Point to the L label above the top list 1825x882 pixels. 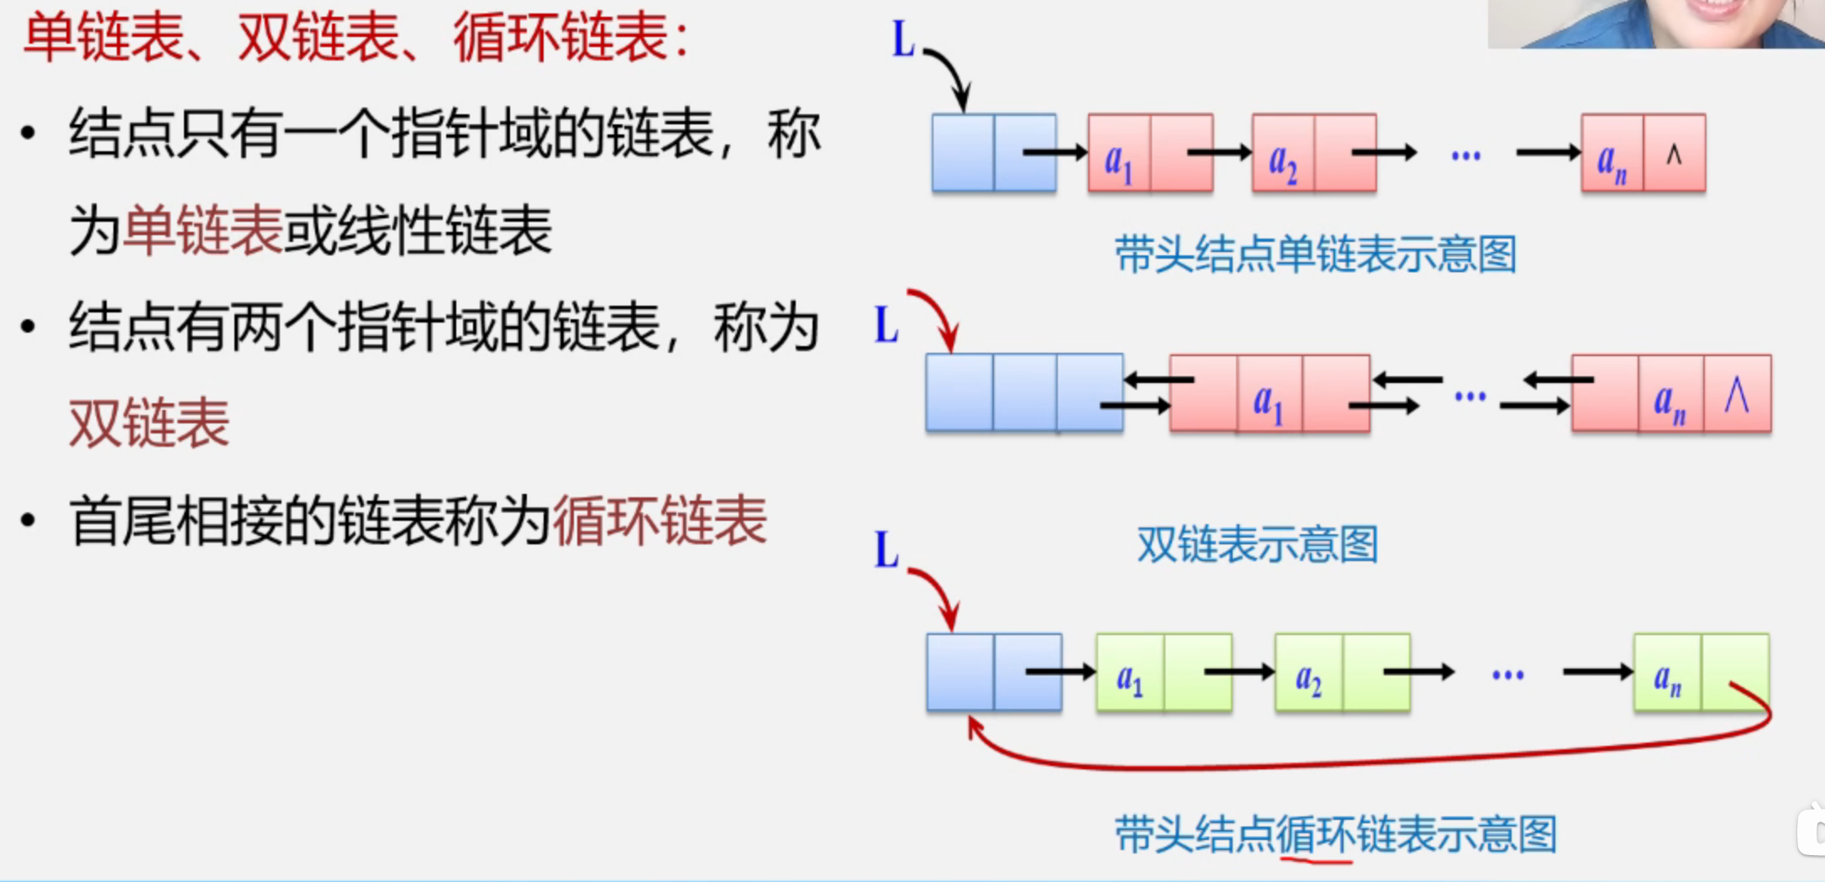point(903,39)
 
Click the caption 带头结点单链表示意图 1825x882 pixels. point(1315,255)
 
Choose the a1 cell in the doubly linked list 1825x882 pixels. point(1269,396)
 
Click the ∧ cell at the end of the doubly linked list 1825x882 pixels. point(1737,395)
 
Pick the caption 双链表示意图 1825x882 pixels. point(1257,544)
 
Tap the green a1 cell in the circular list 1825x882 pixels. point(1130,675)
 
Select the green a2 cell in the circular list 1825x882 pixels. point(1308,675)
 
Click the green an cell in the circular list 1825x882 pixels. point(1667,675)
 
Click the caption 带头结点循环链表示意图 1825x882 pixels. point(1335,834)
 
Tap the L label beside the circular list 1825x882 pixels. point(886,550)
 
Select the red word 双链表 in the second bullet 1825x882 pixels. point(149,423)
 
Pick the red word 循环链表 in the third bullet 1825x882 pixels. point(660,522)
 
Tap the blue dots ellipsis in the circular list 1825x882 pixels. point(1507,675)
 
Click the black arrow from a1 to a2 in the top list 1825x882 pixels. point(1218,152)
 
